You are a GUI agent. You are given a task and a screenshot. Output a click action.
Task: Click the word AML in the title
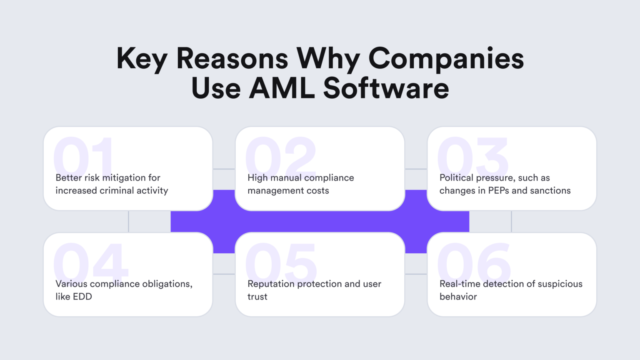(282, 88)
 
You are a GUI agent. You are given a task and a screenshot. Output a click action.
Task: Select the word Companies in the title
(446, 58)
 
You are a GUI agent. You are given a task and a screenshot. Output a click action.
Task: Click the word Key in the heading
(142, 59)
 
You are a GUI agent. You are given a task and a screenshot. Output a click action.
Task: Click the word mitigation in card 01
(123, 178)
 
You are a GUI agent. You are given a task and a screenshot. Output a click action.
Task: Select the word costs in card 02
(318, 191)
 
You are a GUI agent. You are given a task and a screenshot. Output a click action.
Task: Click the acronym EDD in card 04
(82, 297)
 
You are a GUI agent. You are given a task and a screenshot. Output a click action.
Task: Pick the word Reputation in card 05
(270, 284)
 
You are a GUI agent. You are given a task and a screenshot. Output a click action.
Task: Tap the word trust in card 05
(257, 297)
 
